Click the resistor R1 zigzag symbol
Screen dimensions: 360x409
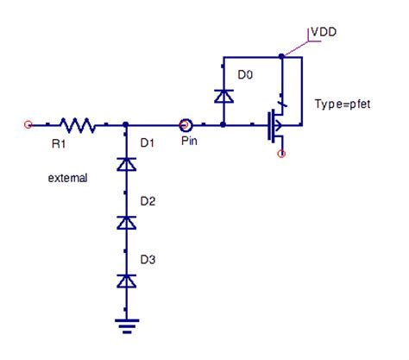click(x=77, y=125)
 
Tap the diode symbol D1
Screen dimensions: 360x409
click(x=128, y=162)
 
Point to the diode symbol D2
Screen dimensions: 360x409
click(x=128, y=222)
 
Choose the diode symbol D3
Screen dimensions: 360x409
click(x=128, y=281)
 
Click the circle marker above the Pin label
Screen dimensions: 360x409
click(x=185, y=125)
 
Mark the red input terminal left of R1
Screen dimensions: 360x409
click(x=28, y=125)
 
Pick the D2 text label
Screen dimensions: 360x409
click(x=147, y=200)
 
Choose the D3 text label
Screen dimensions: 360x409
click(x=147, y=259)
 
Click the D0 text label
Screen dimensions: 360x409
click(x=245, y=76)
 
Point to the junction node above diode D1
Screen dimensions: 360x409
click(x=128, y=125)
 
